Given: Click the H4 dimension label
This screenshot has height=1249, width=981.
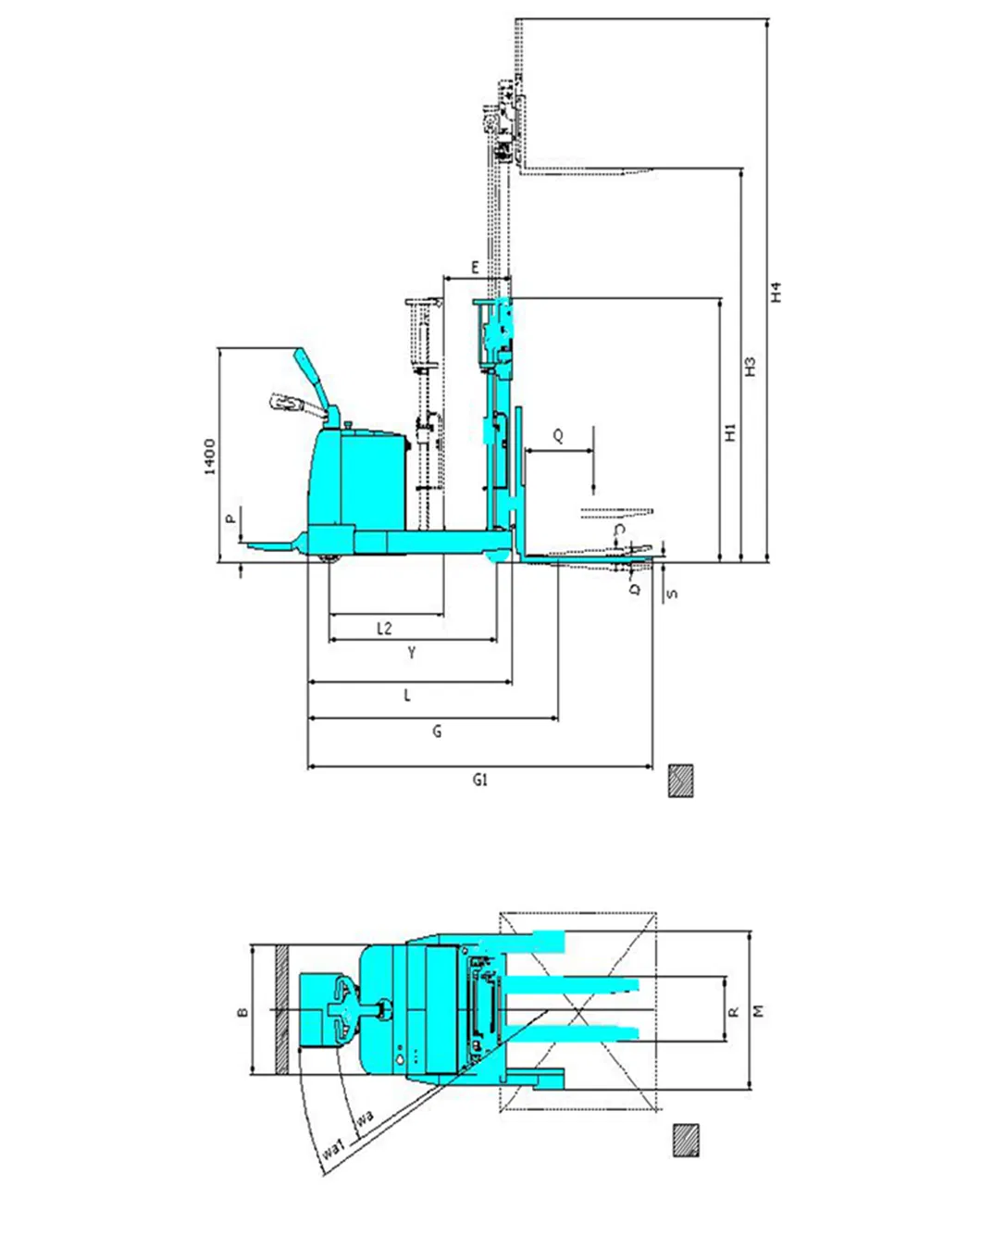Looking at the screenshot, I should (777, 292).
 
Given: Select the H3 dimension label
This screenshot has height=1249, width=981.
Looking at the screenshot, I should (751, 366).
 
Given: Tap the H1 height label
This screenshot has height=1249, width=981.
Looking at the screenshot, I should (730, 431).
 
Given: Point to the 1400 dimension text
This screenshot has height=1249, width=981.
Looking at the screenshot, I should (210, 456).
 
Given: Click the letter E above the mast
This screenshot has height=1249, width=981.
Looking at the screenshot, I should (476, 269).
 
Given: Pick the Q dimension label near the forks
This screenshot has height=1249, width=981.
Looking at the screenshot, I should (558, 436).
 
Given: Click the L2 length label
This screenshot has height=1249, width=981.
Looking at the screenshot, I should (384, 628).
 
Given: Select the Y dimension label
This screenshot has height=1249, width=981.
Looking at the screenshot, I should (412, 653).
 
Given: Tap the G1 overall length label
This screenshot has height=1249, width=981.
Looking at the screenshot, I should (479, 781).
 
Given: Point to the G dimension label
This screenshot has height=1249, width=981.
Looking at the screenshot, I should (437, 731).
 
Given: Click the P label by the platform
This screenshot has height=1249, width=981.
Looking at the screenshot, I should (230, 519).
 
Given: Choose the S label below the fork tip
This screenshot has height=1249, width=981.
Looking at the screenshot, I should (673, 593).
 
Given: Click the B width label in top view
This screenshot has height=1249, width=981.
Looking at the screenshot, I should (242, 1012).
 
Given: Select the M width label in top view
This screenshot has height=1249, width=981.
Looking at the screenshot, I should (760, 1011).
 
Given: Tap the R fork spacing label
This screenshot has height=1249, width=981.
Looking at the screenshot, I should (733, 1012).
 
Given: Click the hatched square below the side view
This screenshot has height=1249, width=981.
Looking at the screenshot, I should (681, 781).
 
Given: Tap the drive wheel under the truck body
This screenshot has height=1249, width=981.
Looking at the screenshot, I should (328, 556).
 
